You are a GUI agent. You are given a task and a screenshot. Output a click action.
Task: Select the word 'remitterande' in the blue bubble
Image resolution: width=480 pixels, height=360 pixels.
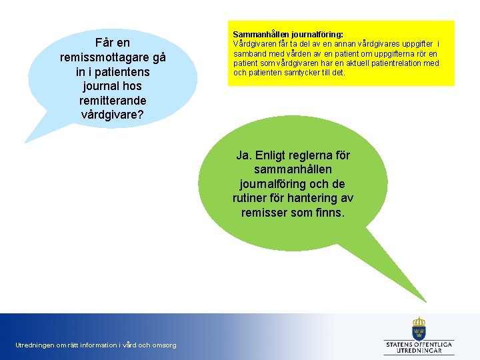tap(113, 100)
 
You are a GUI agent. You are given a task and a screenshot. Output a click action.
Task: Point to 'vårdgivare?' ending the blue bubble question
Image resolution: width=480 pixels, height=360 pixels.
tap(113, 114)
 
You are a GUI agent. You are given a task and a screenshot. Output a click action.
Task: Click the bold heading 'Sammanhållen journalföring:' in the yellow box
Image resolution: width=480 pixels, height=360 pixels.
tap(288, 34)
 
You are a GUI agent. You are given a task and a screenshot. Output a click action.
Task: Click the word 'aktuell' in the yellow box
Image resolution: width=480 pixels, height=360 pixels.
tap(357, 63)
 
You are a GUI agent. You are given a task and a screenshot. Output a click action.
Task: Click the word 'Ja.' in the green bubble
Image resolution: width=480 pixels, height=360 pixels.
tap(244, 155)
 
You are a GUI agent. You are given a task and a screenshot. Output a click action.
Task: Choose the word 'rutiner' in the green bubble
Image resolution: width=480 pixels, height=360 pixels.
tap(249, 198)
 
